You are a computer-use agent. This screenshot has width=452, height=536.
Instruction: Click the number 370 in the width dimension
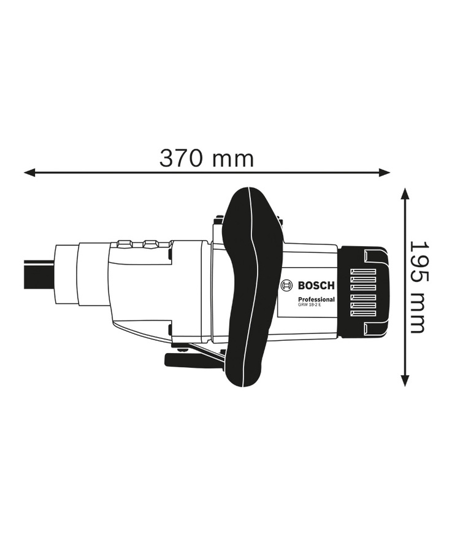(x=181, y=158)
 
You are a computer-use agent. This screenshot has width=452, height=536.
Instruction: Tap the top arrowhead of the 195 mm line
(x=405, y=194)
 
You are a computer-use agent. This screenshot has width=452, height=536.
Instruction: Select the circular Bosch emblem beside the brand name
(x=287, y=285)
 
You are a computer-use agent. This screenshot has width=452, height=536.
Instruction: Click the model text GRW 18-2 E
(x=310, y=306)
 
